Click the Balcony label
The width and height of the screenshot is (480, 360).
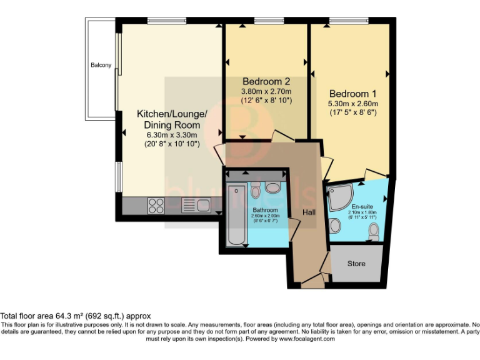(x=101, y=65)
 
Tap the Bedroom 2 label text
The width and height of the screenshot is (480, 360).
(x=266, y=81)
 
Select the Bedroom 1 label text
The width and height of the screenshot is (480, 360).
(x=354, y=89)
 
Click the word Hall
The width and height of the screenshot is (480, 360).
(x=309, y=212)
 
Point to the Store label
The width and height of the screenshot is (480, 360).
(x=356, y=264)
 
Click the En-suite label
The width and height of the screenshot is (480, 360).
(x=362, y=207)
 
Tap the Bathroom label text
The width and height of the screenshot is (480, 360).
(x=266, y=210)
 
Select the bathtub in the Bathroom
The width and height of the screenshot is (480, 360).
(x=236, y=215)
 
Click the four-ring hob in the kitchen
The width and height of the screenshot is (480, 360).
(x=156, y=204)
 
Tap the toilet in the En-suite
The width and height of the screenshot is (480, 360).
(x=374, y=232)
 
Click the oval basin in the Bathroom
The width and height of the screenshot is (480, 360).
(x=274, y=187)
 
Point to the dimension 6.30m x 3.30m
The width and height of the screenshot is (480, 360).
(x=172, y=135)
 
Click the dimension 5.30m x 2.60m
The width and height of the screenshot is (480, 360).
(x=354, y=104)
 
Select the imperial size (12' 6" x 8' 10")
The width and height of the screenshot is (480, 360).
(x=266, y=100)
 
